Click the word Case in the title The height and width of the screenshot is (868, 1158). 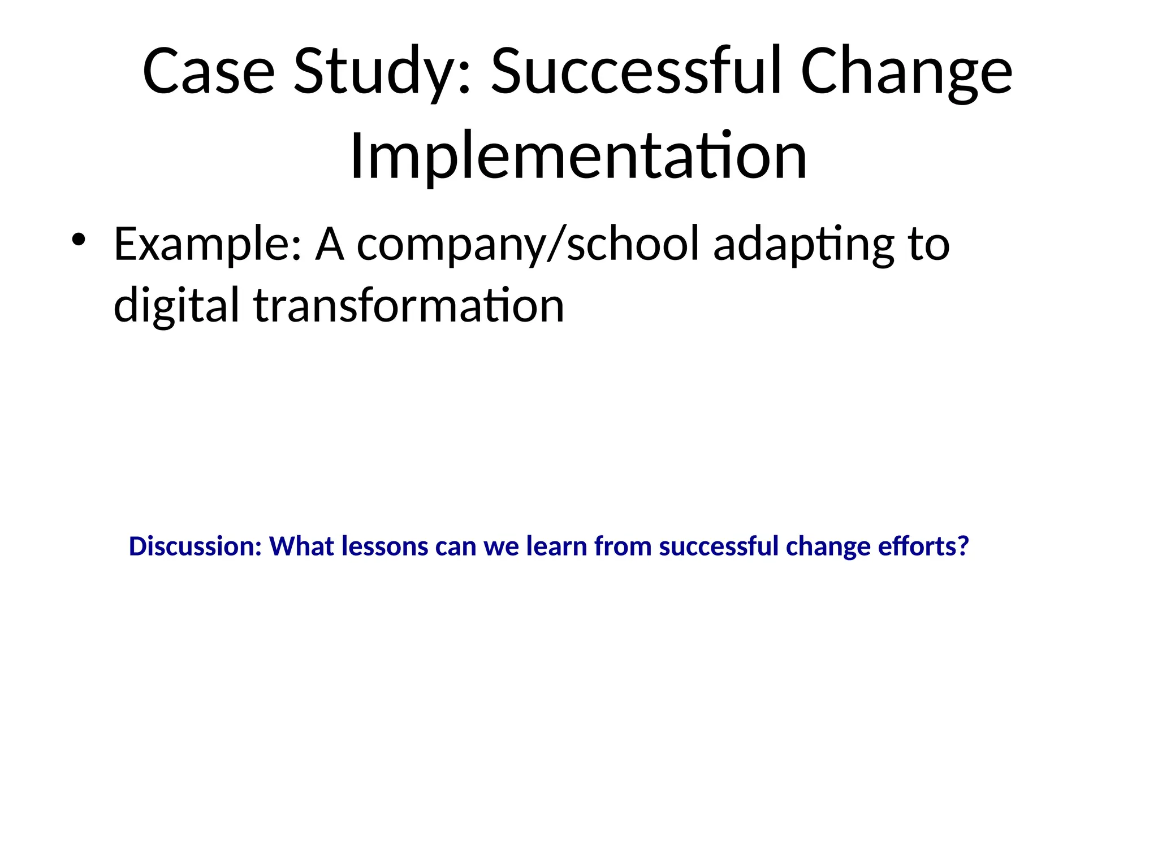tap(208, 72)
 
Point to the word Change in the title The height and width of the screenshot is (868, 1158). tap(906, 72)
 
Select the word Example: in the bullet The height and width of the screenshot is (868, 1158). tap(207, 245)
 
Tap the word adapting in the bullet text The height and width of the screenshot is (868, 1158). tap(803, 245)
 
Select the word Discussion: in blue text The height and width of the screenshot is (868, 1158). tap(195, 546)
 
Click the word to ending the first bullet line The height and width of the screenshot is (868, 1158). tap(928, 245)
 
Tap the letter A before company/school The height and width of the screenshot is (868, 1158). tap(330, 245)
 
